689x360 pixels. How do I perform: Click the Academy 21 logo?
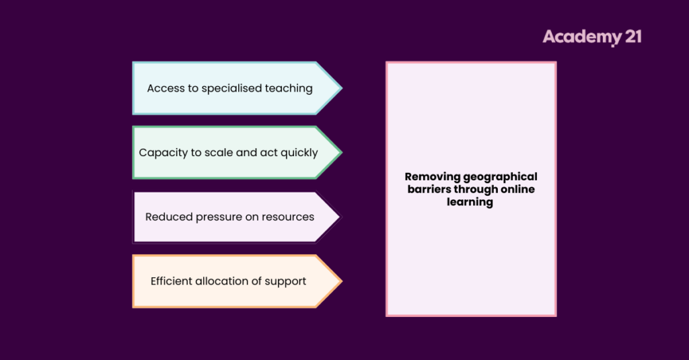591,36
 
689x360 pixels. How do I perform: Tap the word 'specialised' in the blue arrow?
230,88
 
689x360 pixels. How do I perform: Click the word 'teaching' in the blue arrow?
287,88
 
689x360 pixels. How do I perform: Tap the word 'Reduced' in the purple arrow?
168,217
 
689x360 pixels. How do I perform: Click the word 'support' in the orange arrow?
287,282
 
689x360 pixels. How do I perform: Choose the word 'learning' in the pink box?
470,202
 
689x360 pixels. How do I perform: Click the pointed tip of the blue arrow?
341,88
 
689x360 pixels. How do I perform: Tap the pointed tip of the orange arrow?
341,281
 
